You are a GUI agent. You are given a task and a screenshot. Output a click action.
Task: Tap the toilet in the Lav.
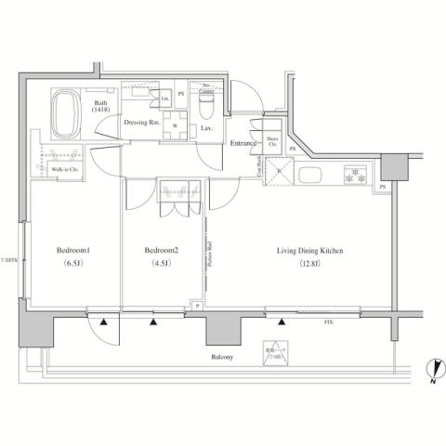coord(206,108)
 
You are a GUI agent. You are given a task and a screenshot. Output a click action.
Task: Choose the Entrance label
coord(243,142)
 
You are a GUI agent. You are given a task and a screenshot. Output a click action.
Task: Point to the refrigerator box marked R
coord(280,172)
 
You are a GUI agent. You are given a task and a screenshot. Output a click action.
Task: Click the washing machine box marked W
coord(174,127)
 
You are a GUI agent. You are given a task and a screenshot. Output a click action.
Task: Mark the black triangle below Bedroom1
coord(104,322)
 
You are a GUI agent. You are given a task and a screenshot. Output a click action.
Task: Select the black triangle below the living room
coord(280,322)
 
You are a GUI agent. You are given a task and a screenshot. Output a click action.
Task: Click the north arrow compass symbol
coord(433,371)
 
